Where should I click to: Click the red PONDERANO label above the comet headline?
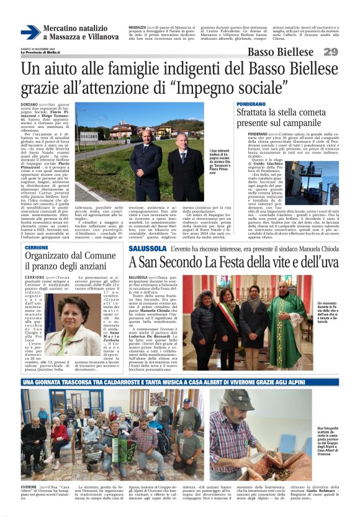click(x=251, y=104)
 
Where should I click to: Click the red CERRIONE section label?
click(x=37, y=247)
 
